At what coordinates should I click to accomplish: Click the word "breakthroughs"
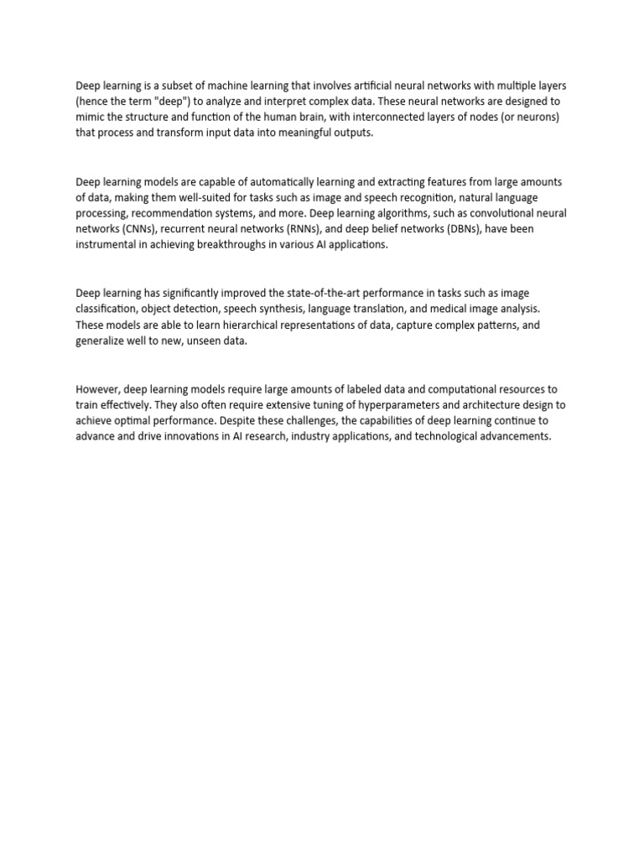coord(232,244)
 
